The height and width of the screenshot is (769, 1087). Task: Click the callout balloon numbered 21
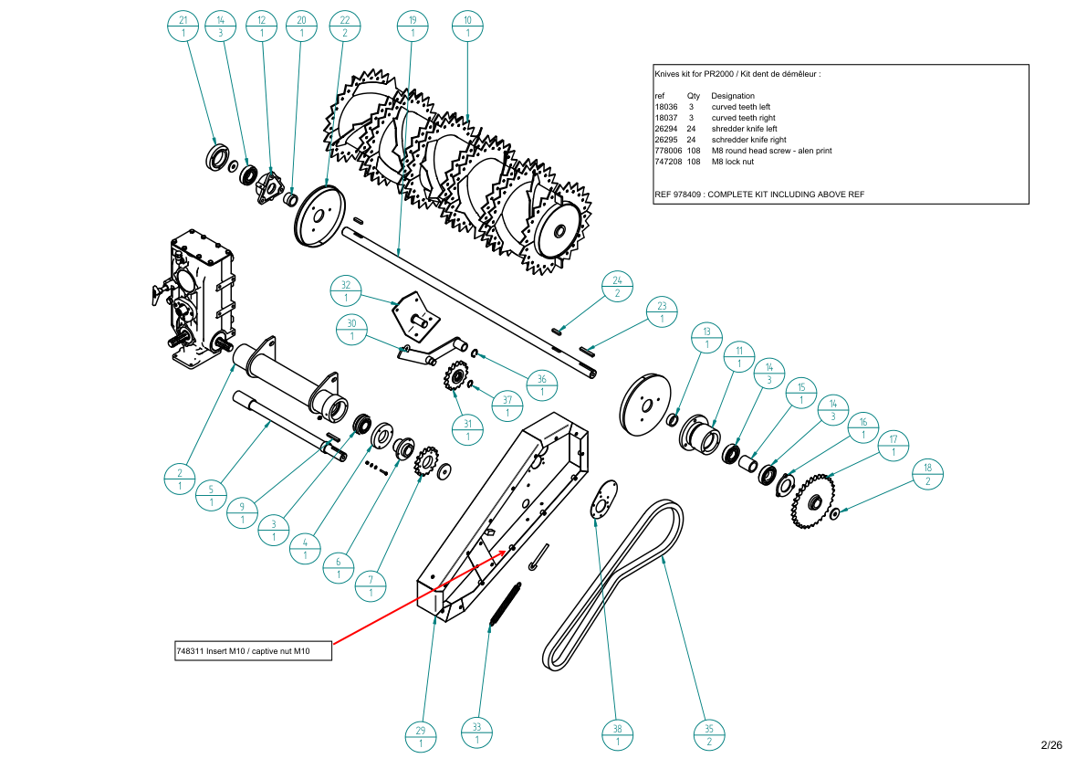coord(183,26)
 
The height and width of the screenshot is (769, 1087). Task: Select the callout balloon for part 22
coord(344,26)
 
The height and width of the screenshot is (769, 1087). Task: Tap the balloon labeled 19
coord(413,26)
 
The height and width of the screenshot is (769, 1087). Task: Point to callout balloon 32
coord(346,290)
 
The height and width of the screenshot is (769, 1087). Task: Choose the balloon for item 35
coord(709,735)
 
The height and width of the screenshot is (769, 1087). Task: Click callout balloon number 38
coord(618,735)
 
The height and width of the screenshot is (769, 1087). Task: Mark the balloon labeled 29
coord(421,736)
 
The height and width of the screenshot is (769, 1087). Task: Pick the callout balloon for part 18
coord(928,474)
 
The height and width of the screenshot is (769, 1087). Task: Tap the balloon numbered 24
coord(617,287)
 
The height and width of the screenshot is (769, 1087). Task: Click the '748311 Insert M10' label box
coord(253,651)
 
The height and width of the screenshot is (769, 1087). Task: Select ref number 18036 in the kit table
coord(665,107)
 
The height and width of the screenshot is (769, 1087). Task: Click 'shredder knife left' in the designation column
coord(744,129)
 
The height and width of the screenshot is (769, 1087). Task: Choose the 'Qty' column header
coord(693,96)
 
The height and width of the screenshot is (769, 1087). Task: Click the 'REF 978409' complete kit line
coord(758,195)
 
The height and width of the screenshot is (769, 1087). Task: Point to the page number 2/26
coord(1051,745)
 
